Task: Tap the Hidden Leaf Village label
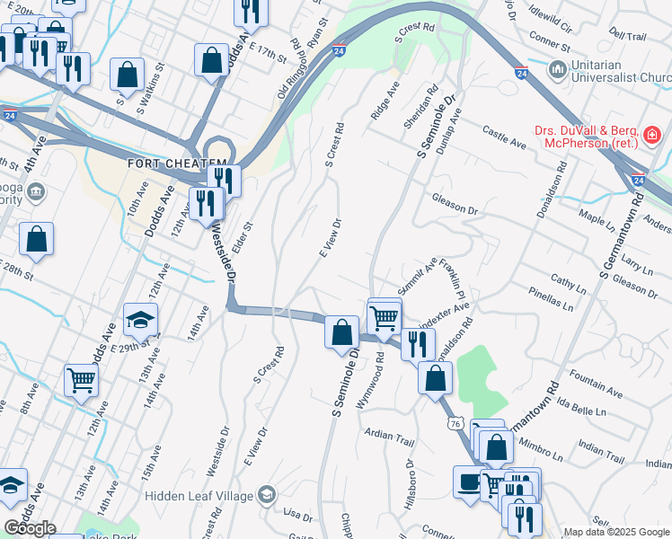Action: tap(197, 494)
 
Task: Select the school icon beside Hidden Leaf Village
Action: tap(266, 494)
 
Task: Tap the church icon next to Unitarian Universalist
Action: tap(557, 69)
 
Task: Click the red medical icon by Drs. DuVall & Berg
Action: tap(652, 137)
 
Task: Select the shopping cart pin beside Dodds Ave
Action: tap(81, 381)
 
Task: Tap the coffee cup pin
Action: tap(469, 482)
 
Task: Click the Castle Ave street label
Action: tap(504, 137)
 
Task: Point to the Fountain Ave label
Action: tap(596, 387)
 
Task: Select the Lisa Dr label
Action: tap(296, 514)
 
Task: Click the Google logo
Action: tap(30, 528)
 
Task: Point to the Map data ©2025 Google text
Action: tap(616, 532)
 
